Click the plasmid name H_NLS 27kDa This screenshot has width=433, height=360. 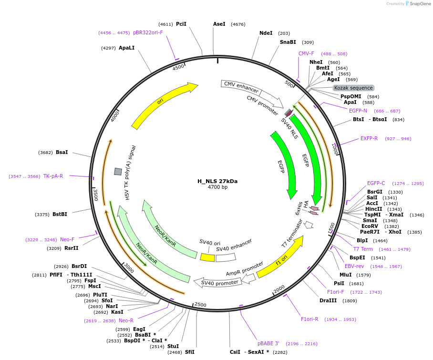pos(217,181)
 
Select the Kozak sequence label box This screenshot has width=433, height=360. pos(353,88)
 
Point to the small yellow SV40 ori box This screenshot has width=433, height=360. pos(207,257)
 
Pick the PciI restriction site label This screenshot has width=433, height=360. pos(181,24)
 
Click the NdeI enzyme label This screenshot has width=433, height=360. pos(266,33)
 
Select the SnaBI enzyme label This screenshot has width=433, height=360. pos(288,42)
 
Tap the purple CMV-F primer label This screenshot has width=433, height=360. pos(306,53)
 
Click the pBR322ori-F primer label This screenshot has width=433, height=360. pos(148,33)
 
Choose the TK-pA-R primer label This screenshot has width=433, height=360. pos(53,176)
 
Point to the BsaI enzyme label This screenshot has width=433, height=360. pos(62,153)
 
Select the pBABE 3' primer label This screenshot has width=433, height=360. pos(268,343)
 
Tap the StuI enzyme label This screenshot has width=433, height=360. pos(173,346)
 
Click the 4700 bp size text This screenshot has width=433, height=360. pos(217,187)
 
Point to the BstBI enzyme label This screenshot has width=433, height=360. pos(60,214)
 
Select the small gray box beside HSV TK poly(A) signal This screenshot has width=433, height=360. pos(118,171)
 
